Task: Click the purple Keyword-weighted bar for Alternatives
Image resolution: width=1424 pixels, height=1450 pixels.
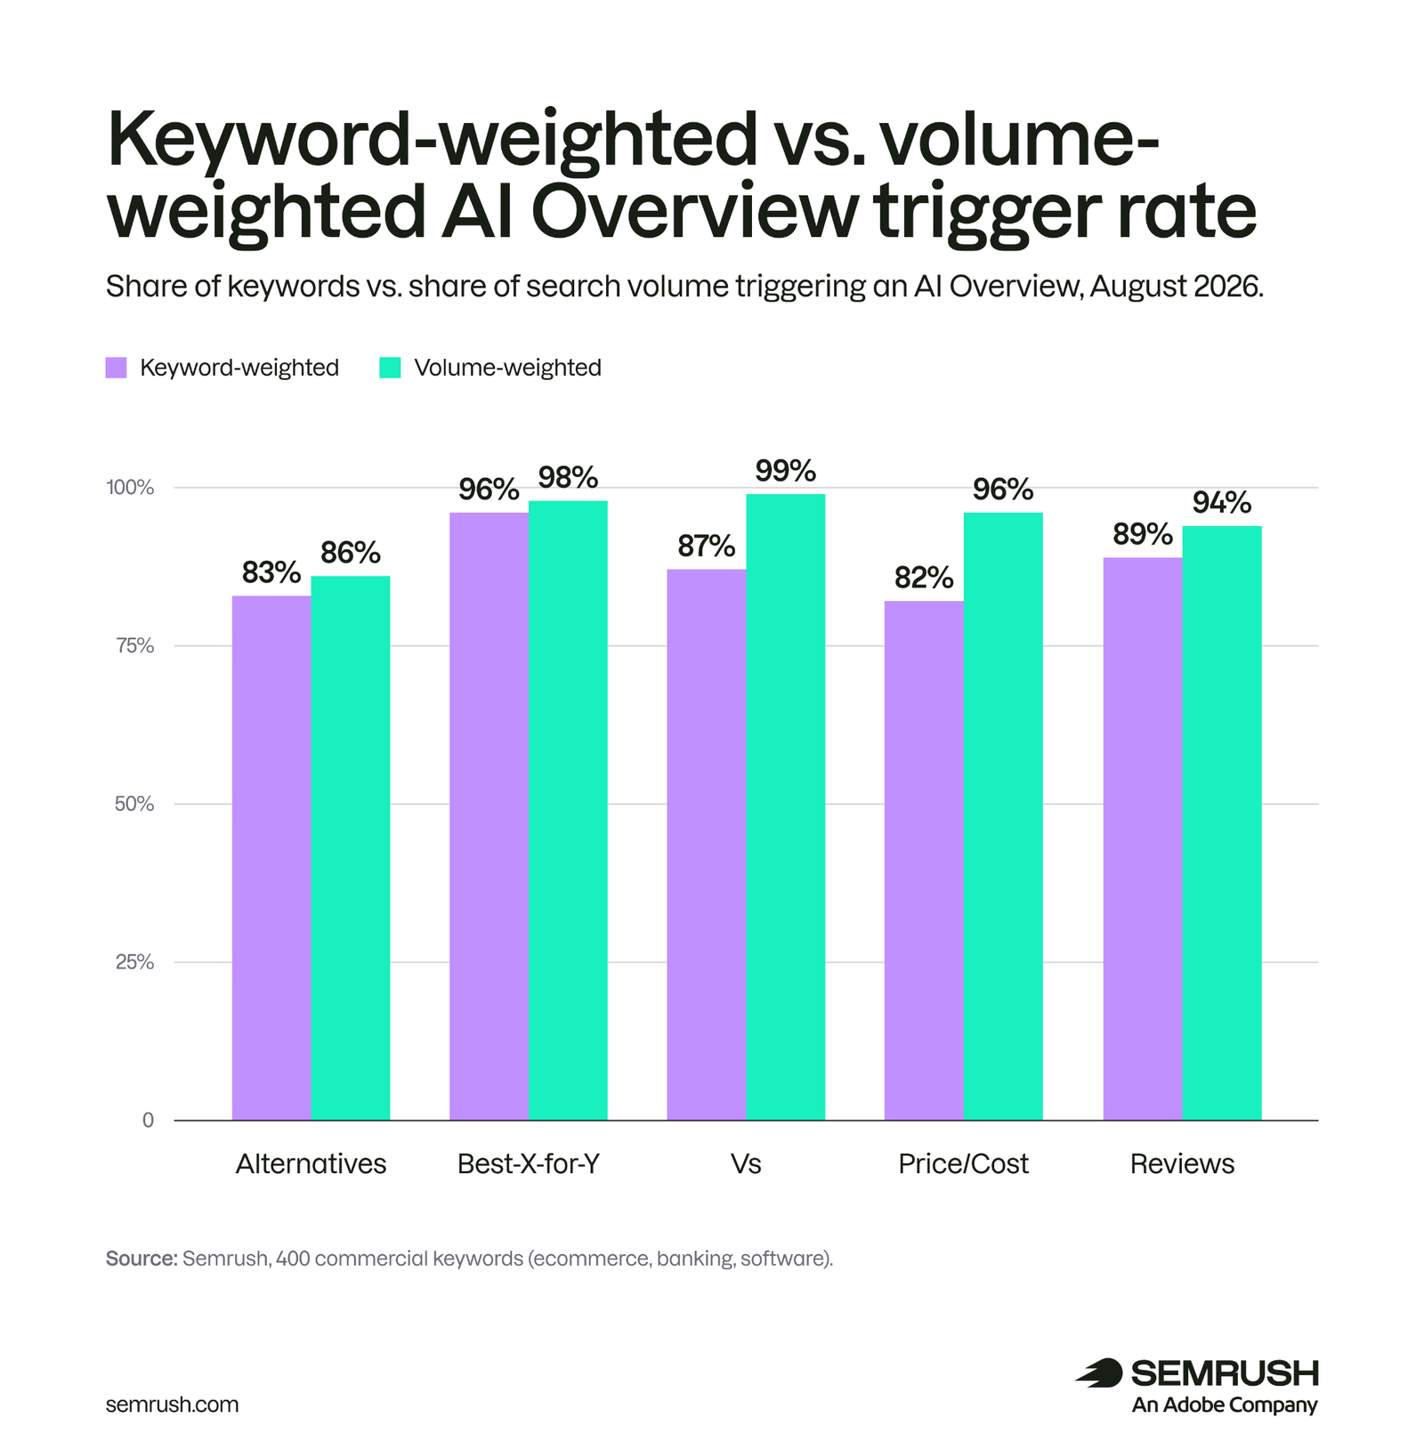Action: pos(271,857)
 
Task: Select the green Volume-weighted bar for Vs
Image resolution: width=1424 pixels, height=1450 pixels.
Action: pos(785,806)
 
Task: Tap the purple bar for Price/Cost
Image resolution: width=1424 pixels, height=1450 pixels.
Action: pos(924,860)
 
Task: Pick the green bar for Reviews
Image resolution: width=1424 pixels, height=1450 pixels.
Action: pos(1222,822)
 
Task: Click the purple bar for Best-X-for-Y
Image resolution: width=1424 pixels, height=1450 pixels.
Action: pos(489,816)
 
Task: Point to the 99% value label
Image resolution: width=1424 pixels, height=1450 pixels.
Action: pos(785,471)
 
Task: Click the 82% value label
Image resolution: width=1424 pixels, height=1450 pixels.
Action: pos(924,578)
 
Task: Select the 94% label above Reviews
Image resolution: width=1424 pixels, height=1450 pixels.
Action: pos(1222,503)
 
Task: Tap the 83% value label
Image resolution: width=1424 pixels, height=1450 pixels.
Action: pos(271,572)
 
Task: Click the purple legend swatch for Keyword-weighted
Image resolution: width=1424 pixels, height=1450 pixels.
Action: pos(117,368)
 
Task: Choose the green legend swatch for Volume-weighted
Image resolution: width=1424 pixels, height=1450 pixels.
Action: pos(390,368)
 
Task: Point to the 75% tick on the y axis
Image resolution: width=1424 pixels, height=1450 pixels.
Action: pos(134,646)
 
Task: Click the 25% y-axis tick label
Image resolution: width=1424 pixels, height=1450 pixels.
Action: pos(134,962)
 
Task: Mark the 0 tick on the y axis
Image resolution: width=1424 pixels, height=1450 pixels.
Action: pos(148,1121)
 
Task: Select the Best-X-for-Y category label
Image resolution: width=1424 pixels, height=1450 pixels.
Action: pos(529,1163)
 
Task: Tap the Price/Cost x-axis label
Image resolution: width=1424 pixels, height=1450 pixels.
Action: pos(963,1163)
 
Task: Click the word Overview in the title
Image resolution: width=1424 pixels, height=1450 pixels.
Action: pos(695,211)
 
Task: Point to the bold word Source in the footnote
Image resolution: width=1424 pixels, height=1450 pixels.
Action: pos(142,1259)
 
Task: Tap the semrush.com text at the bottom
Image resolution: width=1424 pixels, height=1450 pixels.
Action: pos(172,1405)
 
